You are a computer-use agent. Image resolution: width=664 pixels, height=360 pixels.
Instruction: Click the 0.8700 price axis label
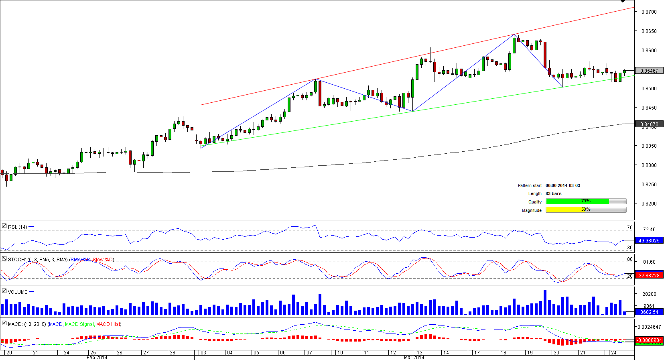(x=649, y=12)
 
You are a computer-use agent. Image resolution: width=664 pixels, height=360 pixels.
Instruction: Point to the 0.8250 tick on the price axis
(x=649, y=185)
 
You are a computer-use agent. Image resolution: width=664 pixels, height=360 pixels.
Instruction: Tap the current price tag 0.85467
(x=649, y=71)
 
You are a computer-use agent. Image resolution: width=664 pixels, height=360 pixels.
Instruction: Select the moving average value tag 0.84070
(x=649, y=124)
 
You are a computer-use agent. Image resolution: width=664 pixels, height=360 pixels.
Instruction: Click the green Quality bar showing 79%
(x=577, y=201)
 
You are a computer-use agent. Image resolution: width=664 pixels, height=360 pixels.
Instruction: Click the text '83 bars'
(x=553, y=194)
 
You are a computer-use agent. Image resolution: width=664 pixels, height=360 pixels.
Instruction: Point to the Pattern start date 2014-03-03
(x=562, y=186)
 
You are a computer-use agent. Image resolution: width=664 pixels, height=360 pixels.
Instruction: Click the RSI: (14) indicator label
(x=17, y=227)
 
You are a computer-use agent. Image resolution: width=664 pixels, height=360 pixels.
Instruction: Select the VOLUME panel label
(x=18, y=292)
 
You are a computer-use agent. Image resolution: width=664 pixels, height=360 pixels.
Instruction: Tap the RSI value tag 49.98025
(x=649, y=241)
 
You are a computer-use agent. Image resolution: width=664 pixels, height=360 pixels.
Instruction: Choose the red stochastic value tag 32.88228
(x=649, y=276)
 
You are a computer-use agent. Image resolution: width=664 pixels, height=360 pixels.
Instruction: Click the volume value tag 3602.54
(x=649, y=312)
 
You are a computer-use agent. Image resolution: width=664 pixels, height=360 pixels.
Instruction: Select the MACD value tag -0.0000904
(x=649, y=340)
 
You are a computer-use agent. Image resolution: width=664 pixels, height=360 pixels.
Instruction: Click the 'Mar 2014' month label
(x=414, y=358)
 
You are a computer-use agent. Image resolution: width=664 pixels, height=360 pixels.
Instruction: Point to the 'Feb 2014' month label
(x=97, y=358)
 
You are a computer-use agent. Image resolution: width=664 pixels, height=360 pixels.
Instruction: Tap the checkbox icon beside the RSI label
(x=4, y=226)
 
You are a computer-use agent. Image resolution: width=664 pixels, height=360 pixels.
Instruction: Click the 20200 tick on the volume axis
(x=649, y=294)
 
